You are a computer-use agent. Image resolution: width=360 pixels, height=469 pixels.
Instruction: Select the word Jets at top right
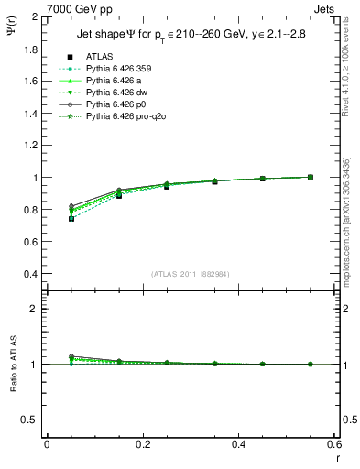(x=324, y=7)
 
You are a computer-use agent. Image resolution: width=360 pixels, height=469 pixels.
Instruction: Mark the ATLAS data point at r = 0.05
(x=71, y=219)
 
